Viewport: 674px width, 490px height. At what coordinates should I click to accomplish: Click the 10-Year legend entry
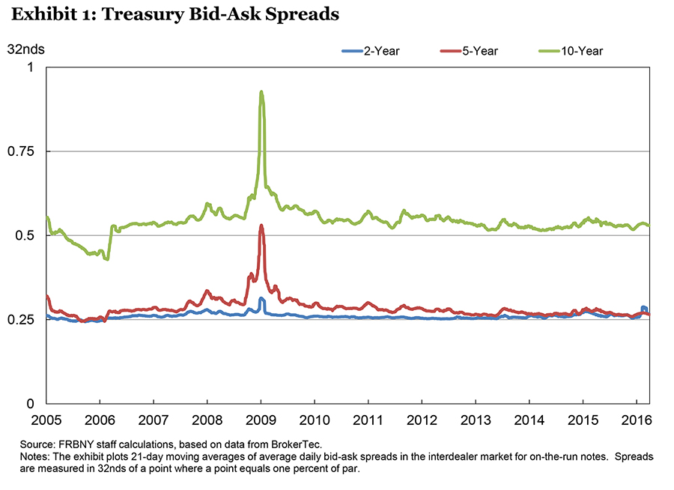tap(585, 51)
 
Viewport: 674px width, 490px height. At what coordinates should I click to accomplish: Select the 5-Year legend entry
tap(480, 51)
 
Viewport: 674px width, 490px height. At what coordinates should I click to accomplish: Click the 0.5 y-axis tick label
tap(26, 235)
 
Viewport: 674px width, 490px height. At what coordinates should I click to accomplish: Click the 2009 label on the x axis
tap(261, 420)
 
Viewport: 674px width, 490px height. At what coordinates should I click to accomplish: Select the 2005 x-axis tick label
tap(46, 420)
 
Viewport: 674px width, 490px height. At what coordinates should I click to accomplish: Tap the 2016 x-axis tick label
tap(635, 420)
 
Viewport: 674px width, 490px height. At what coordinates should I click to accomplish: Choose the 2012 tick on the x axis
tap(422, 420)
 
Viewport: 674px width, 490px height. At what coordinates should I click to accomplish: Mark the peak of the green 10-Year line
tap(261, 92)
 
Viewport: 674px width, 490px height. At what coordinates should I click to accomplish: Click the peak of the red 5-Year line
tap(261, 226)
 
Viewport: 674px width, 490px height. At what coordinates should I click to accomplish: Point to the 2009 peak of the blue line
tap(261, 299)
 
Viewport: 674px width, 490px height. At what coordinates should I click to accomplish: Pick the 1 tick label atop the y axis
tap(31, 67)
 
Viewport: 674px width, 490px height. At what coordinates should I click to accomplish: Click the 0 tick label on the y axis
tap(31, 404)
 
